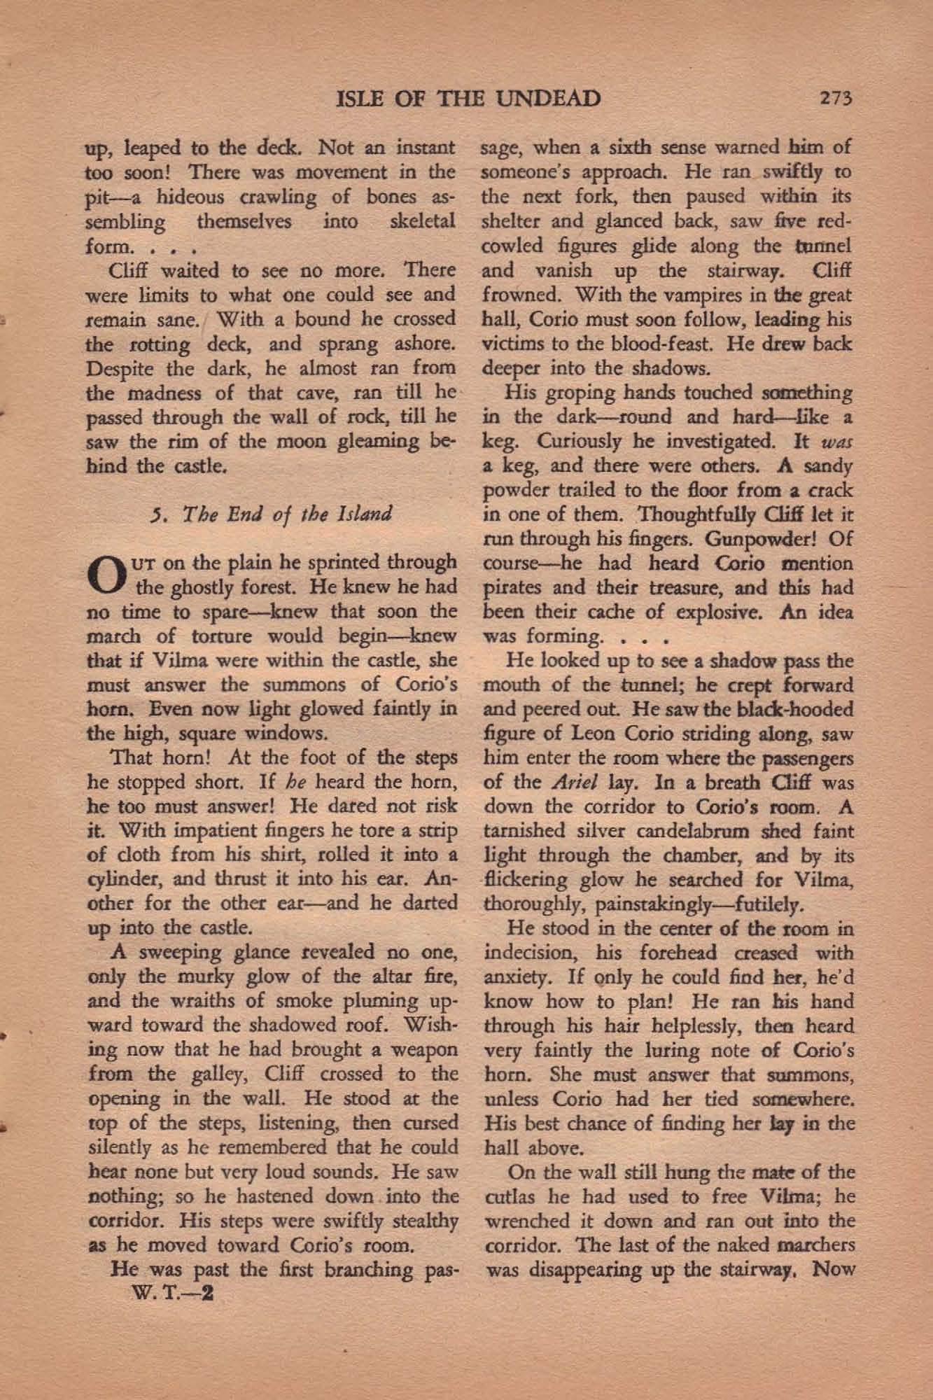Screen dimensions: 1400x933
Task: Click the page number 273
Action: tap(836, 99)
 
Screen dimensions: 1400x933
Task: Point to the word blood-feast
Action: tap(703, 344)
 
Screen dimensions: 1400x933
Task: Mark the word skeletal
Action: tap(422, 223)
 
